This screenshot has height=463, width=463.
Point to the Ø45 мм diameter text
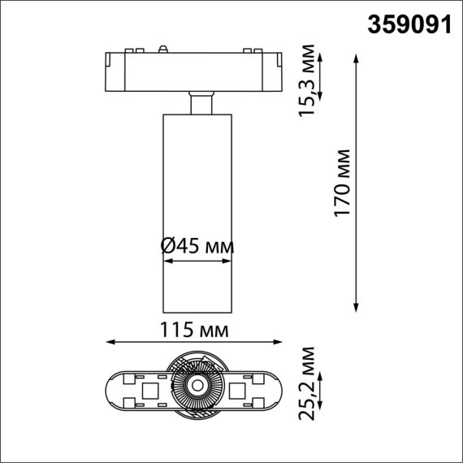198,244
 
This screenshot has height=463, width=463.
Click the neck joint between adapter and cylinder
198,105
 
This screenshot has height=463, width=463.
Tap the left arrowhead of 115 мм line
111,342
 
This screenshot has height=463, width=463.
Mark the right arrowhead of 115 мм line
278,342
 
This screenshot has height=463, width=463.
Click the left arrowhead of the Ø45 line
167,261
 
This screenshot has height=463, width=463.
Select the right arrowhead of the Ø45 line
231,261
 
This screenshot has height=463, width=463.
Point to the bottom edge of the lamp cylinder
198,310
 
